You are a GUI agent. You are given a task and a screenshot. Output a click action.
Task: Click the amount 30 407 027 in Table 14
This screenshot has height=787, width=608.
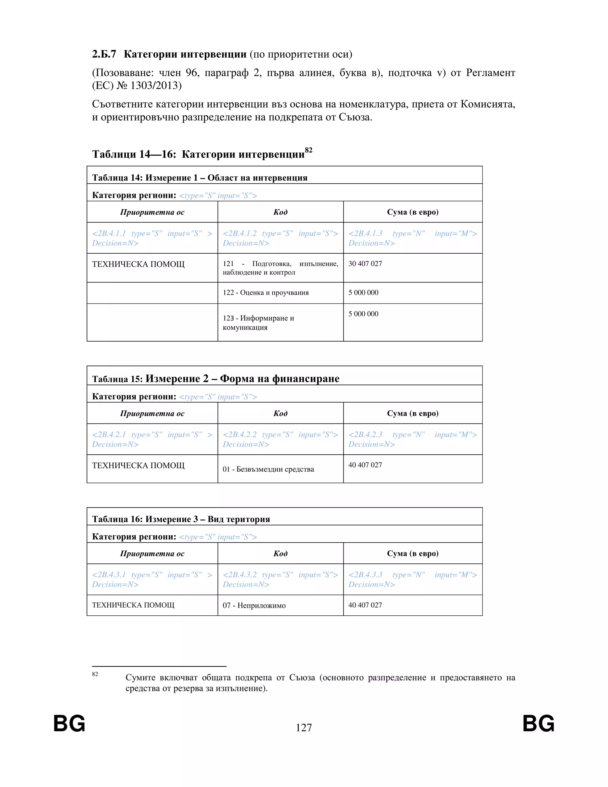coord(365,264)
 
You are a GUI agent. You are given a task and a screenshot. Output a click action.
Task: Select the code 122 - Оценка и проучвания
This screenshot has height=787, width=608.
coord(265,293)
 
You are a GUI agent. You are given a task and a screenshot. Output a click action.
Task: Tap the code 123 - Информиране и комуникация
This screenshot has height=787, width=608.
coord(258,323)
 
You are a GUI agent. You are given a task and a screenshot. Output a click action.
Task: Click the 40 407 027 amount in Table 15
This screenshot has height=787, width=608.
coord(365,465)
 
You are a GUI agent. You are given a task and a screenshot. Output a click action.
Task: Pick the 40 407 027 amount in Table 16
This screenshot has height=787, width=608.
coord(365,605)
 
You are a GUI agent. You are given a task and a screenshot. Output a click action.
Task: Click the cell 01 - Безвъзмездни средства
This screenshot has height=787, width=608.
coord(268,469)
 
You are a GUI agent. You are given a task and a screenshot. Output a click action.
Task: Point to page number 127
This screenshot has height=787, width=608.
coord(304,728)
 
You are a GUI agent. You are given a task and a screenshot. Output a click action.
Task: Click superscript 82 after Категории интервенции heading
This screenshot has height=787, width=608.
coord(308,150)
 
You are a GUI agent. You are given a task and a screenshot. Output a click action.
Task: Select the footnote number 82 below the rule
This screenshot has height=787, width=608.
coord(95,674)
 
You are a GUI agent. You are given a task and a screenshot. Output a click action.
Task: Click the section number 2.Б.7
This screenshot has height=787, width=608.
coord(104,54)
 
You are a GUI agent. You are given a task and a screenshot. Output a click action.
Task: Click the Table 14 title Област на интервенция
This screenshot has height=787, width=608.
coord(257,178)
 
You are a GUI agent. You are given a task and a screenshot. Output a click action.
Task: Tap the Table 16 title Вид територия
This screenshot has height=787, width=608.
coord(238,519)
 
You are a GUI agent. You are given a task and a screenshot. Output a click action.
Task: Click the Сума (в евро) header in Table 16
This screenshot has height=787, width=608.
coord(412,554)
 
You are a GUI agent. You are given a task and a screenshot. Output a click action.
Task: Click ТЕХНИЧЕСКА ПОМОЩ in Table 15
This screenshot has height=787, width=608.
coord(138,466)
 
